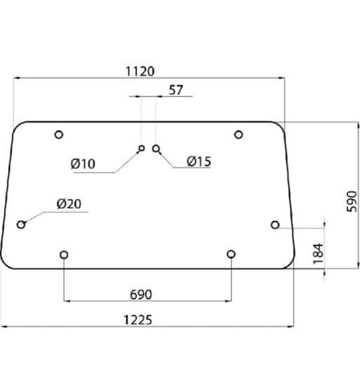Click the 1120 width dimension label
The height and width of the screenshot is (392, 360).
tap(140, 71)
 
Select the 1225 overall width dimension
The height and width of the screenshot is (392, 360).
tap(138, 320)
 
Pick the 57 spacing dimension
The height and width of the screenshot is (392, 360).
tap(175, 90)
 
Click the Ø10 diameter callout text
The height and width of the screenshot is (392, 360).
tap(84, 164)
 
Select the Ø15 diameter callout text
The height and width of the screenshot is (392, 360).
tap(199, 162)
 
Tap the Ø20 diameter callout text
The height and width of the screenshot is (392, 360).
tap(69, 205)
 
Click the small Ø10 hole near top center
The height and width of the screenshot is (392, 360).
tap(142, 148)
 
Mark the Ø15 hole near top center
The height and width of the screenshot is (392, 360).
tap(156, 149)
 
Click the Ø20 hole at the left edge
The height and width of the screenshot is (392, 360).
tap(21, 224)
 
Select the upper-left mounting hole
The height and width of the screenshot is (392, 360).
tap(58, 135)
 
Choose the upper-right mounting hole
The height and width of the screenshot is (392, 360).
tap(239, 135)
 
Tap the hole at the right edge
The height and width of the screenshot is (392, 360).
tap(275, 224)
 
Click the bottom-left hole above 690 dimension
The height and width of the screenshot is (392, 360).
tap(65, 254)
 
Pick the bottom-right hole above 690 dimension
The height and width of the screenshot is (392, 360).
tap(231, 254)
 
